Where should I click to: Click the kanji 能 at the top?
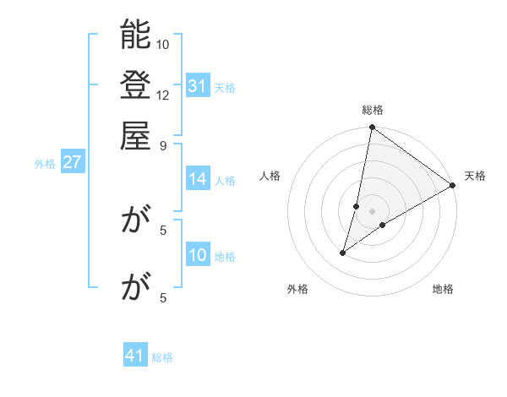click(136, 35)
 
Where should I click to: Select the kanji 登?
click(136, 85)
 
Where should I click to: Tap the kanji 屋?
click(136, 135)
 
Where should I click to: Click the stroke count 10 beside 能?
click(163, 44)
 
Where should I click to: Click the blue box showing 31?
click(198, 86)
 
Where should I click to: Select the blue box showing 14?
click(198, 179)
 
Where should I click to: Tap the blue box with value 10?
click(198, 256)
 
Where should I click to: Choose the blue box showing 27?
click(72, 163)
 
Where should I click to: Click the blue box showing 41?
click(135, 356)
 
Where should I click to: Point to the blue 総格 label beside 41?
click(162, 357)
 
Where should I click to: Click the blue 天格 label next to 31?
click(225, 87)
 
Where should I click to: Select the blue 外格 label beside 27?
click(45, 164)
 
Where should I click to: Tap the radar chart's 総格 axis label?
click(373, 111)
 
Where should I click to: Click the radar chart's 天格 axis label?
click(475, 176)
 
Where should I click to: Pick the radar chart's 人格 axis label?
click(270, 176)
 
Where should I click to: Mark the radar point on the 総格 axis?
click(372, 128)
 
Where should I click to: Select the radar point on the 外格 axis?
click(343, 252)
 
